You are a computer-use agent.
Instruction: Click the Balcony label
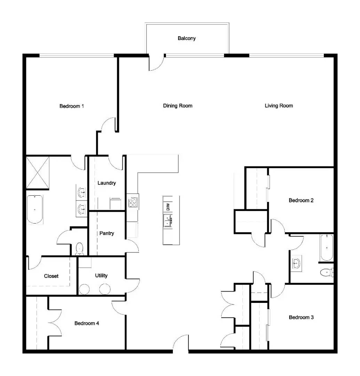(186, 38)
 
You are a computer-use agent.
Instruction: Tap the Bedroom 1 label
(72, 106)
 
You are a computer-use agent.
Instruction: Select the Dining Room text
(177, 105)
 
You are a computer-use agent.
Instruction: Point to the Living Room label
(279, 105)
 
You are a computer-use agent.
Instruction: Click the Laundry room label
(106, 183)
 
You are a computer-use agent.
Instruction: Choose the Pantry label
(106, 233)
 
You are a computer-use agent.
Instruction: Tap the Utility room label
(101, 275)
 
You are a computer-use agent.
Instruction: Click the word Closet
(51, 276)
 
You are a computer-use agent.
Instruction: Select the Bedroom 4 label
(87, 323)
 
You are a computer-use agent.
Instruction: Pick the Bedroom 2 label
(301, 200)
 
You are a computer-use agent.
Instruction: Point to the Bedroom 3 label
(301, 317)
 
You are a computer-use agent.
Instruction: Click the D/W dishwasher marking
(168, 207)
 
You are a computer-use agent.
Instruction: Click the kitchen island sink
(168, 221)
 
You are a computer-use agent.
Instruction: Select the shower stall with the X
(38, 173)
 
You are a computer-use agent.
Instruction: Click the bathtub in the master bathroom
(35, 209)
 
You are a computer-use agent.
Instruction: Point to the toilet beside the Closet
(80, 249)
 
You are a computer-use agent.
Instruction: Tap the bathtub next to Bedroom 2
(327, 248)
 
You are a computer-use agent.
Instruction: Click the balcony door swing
(156, 63)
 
